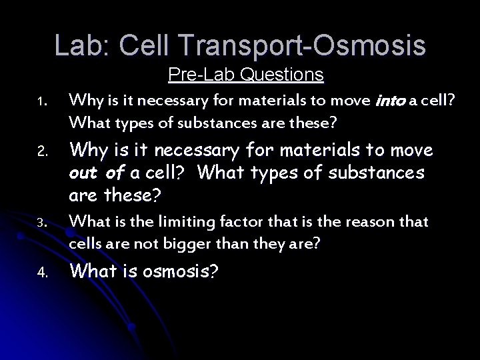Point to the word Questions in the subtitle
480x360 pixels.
[x=283, y=74]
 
